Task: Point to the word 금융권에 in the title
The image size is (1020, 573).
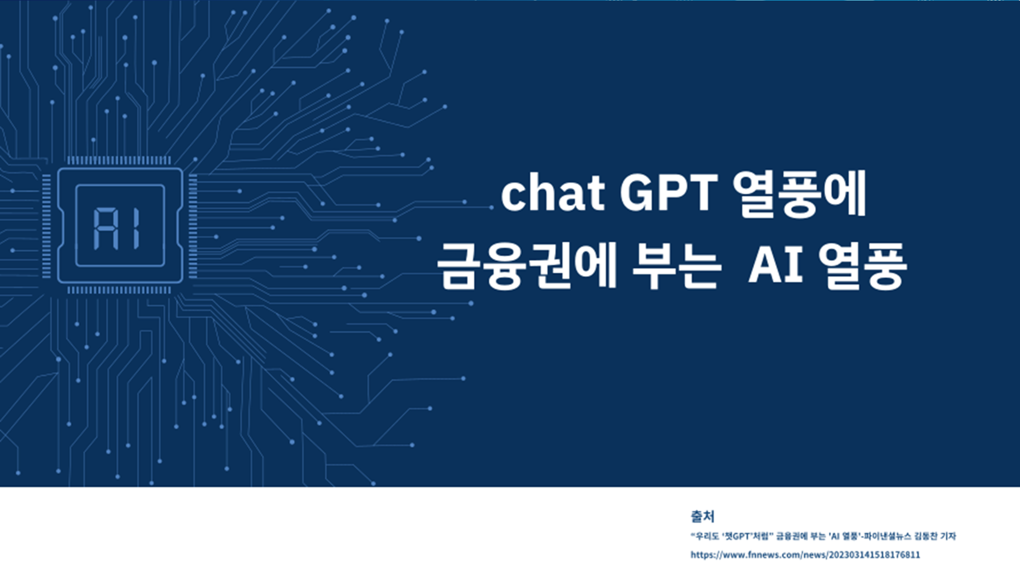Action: (527, 265)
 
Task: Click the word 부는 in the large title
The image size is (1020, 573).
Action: (676, 265)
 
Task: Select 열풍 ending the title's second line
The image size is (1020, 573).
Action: (862, 266)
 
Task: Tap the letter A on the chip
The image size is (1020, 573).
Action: (106, 228)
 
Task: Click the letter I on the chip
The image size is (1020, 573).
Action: (136, 228)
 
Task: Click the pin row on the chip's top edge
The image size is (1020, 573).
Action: (119, 161)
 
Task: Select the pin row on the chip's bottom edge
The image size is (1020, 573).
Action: (119, 290)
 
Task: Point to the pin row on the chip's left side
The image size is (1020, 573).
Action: (46, 226)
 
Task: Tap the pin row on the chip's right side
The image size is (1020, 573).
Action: (193, 226)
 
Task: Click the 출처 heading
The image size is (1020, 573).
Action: (702, 516)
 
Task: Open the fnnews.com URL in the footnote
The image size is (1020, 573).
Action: (805, 555)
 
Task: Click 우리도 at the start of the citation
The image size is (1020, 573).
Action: (706, 536)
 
